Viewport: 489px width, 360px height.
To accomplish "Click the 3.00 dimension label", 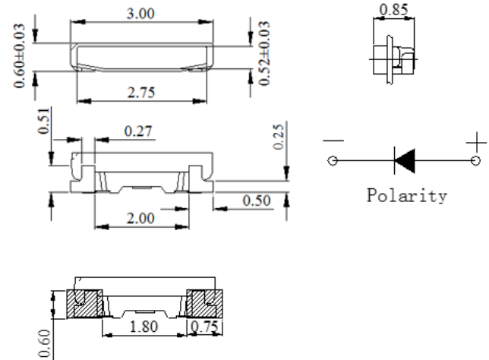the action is (x=140, y=14).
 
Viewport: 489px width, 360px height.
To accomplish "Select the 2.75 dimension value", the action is (x=141, y=93).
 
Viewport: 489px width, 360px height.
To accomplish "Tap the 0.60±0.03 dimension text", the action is (x=19, y=56).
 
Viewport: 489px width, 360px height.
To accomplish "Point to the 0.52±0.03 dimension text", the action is (x=264, y=53).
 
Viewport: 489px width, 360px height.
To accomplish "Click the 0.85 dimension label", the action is (x=394, y=9).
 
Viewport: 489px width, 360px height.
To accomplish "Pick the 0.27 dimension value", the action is (x=138, y=131).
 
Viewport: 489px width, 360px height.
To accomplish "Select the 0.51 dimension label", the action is (x=44, y=121).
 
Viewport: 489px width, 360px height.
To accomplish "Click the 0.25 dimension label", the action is (x=279, y=137).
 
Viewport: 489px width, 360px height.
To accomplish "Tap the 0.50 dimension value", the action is (x=257, y=201).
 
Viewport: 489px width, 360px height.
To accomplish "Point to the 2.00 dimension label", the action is (x=140, y=218).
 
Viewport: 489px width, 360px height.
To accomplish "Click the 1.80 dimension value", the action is (x=144, y=327).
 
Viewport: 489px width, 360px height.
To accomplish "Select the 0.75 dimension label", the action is (x=204, y=327).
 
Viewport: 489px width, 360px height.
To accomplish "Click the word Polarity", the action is (x=407, y=196).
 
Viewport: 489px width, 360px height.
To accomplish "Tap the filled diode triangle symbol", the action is (x=405, y=161).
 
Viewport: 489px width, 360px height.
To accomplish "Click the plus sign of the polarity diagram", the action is (x=476, y=143).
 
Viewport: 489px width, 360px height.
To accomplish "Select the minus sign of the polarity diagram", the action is (x=333, y=141).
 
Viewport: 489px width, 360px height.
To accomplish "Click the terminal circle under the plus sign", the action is (x=475, y=161).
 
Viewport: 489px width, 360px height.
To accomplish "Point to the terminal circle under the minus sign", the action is (x=333, y=161).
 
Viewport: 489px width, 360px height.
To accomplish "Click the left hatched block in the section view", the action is (x=84, y=304).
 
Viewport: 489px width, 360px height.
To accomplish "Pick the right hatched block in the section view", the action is (x=204, y=304).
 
